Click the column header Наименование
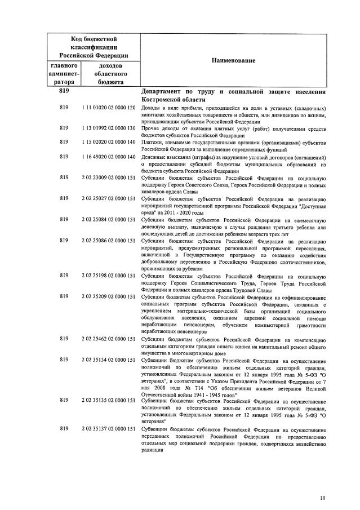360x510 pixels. pos(233,60)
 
